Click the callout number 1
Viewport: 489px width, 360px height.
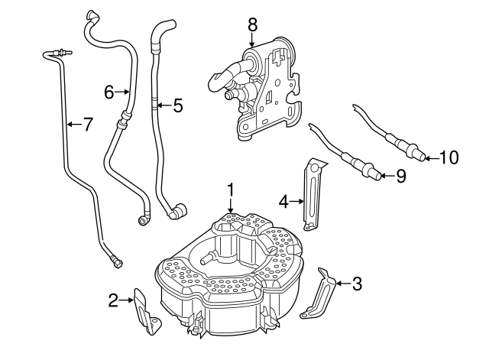click(231, 190)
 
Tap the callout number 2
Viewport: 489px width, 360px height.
click(114, 300)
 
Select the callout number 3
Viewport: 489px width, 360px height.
click(357, 284)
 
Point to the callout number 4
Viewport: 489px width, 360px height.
click(283, 202)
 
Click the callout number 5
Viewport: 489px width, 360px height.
click(178, 105)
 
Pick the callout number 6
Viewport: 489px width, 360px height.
click(109, 92)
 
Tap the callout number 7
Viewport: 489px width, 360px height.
click(88, 125)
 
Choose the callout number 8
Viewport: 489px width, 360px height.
click(253, 24)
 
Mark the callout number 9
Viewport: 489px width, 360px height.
click(400, 177)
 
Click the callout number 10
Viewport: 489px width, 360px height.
click(449, 158)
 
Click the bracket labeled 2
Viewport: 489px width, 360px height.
click(147, 311)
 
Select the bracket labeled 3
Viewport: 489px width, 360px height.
click(318, 294)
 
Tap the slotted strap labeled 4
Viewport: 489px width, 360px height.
click(313, 195)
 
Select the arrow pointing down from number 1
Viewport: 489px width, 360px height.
click(231, 206)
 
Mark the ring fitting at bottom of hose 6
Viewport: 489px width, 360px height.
click(143, 220)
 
